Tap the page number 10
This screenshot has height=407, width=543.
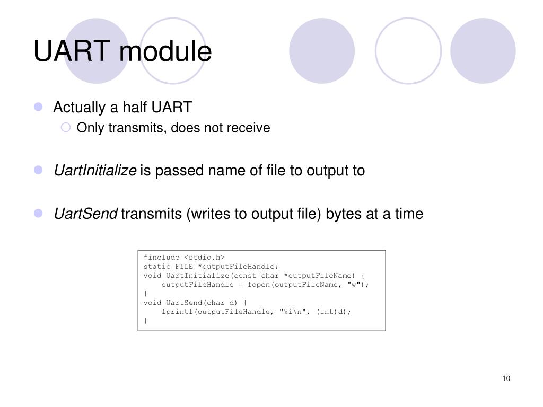(505, 378)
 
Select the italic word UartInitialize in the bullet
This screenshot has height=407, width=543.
(95, 171)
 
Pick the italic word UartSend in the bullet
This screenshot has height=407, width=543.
(85, 214)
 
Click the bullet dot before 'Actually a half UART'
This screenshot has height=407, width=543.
(38, 108)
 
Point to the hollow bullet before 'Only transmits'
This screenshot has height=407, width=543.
(66, 128)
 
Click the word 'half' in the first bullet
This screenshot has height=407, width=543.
(134, 108)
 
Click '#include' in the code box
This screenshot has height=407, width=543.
(161, 258)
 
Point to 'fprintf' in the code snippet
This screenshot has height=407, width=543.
(177, 312)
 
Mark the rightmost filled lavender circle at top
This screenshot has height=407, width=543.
(483, 50)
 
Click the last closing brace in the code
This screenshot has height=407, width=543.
(145, 321)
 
